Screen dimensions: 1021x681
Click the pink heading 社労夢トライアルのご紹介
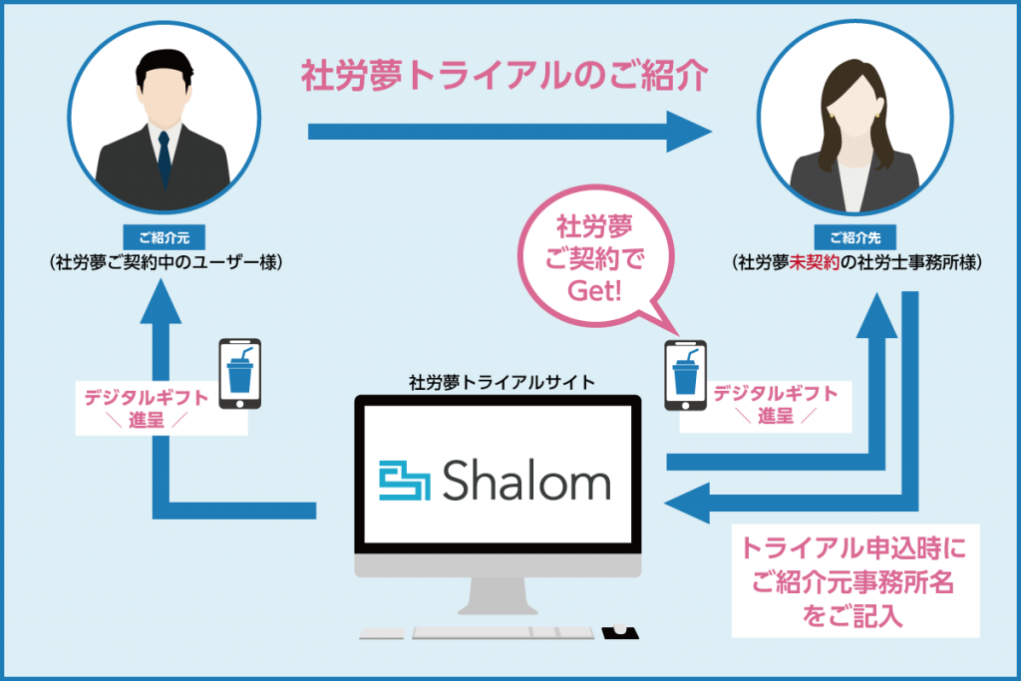pyautogui.click(x=504, y=76)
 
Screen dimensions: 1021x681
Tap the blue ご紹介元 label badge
pyautogui.click(x=165, y=237)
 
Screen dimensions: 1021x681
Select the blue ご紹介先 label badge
pyautogui.click(x=854, y=237)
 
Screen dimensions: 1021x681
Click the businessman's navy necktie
pyautogui.click(x=165, y=159)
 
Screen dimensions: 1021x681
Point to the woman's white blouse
pyautogui.click(x=853, y=184)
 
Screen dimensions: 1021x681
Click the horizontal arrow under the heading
pyautogui.click(x=510, y=132)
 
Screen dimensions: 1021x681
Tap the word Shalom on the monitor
pyautogui.click(x=526, y=481)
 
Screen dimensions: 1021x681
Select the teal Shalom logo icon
pyautogui.click(x=405, y=482)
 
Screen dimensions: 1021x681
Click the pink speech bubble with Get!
pyautogui.click(x=596, y=258)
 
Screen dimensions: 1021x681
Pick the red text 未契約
pyautogui.click(x=814, y=262)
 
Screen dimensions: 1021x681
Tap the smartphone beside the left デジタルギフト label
pyautogui.click(x=239, y=374)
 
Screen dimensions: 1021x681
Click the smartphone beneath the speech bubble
pyautogui.click(x=685, y=376)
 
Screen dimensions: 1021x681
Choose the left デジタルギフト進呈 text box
pyautogui.click(x=162, y=408)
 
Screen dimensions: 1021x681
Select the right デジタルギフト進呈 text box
pyautogui.click(x=766, y=407)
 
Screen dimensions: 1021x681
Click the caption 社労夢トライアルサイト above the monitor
pyautogui.click(x=502, y=382)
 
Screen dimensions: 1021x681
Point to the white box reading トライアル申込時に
pyautogui.click(x=855, y=580)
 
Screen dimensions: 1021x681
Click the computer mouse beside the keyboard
pyautogui.click(x=619, y=631)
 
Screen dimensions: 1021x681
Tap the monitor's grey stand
pyautogui.click(x=498, y=595)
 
